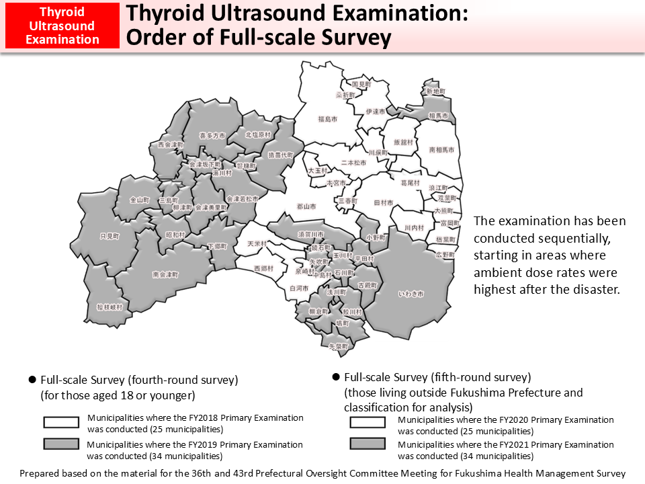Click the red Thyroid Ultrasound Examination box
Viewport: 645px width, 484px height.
point(62,26)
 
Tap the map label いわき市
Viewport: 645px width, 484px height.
point(411,294)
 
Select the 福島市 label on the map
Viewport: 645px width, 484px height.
point(327,119)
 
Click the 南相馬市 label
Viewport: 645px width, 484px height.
point(441,149)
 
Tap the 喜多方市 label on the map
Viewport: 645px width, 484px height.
point(211,135)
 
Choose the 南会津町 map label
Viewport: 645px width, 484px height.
point(165,274)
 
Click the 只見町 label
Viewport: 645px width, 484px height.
point(109,237)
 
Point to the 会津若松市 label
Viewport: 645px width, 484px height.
point(243,199)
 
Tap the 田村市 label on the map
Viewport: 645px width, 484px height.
point(384,202)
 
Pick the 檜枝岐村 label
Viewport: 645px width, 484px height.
point(110,307)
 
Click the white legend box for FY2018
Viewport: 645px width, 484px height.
point(62,422)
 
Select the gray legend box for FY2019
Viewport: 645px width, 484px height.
point(62,444)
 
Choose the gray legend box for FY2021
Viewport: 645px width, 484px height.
point(368,444)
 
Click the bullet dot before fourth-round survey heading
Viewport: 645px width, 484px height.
point(32,380)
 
